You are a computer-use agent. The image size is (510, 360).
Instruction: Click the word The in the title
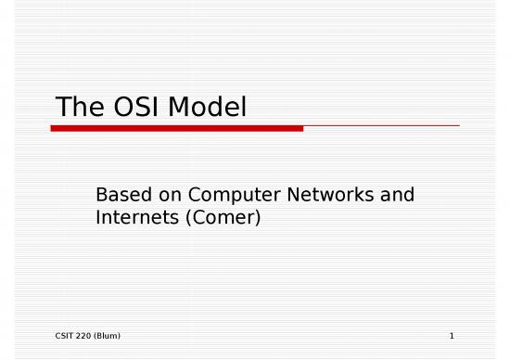coord(77,109)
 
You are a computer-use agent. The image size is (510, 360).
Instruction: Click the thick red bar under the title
coord(176,129)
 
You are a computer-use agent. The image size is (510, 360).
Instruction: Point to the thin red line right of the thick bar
coord(380,126)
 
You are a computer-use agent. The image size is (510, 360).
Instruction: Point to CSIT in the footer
coord(54,335)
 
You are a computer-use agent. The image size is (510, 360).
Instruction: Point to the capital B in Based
coord(101,196)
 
